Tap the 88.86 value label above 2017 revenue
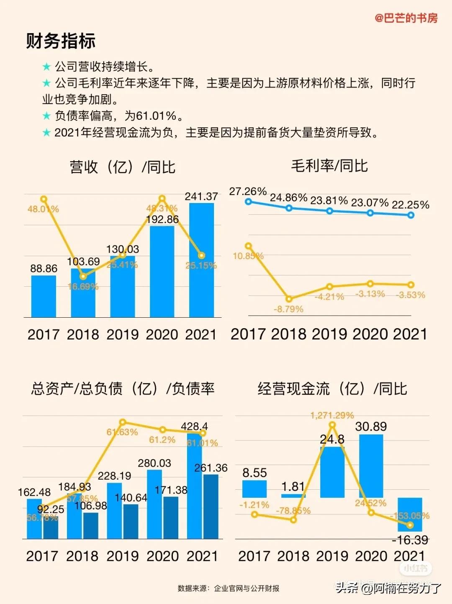[44, 269]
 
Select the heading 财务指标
[61, 41]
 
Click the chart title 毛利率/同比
[329, 166]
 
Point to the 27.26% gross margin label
[248, 191]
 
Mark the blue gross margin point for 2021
[411, 215]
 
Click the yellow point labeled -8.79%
[289, 299]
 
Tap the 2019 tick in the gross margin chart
[329, 334]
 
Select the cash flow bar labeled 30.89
[371, 465]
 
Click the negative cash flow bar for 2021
[410, 514]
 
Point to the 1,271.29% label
[332, 415]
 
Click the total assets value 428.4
[194, 426]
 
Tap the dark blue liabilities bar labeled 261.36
[211, 506]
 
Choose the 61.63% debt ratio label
[122, 432]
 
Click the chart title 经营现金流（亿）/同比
[332, 389]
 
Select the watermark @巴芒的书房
[406, 18]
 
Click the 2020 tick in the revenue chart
[162, 334]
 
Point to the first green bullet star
[46, 67]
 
